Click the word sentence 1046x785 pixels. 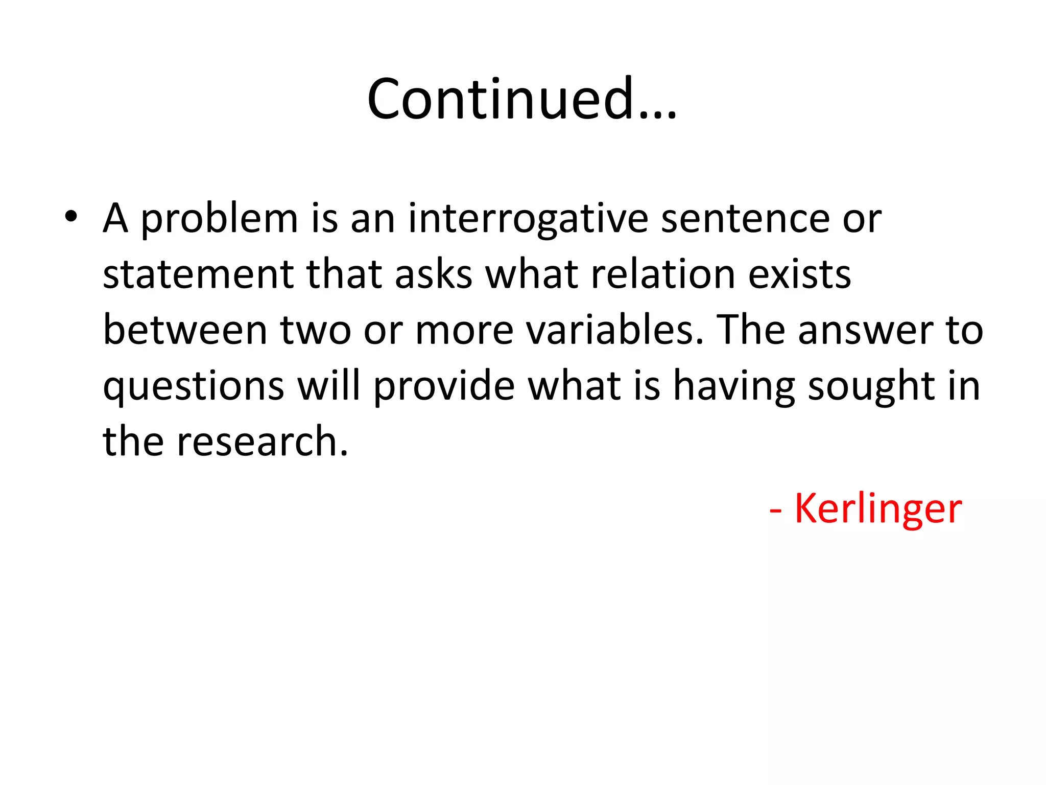[x=745, y=219]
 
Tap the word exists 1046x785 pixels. [x=799, y=274]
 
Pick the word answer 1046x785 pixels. [x=866, y=330]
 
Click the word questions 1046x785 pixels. [x=193, y=387]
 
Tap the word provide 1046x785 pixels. [x=444, y=387]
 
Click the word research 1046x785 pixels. [x=262, y=442]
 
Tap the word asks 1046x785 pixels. [x=433, y=274]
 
